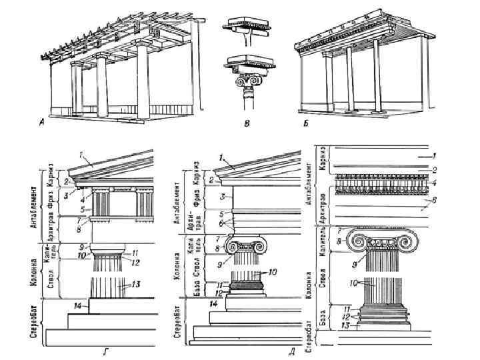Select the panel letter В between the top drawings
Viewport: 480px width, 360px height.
[247, 124]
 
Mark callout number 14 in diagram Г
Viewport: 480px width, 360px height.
[78, 305]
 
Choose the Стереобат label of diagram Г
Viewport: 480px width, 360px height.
[33, 327]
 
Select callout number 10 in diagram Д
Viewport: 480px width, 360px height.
[273, 271]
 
